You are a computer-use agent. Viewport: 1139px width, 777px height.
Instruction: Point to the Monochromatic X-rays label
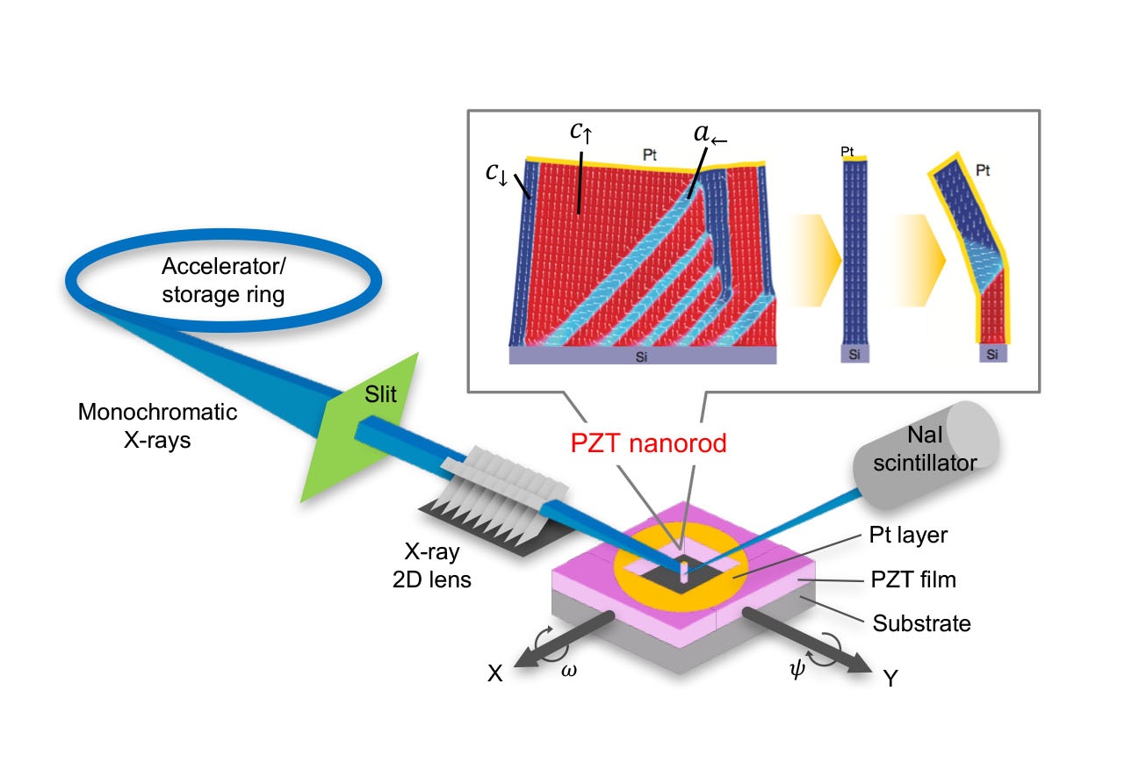point(157,426)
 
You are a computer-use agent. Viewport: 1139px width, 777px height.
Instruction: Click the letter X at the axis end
point(496,673)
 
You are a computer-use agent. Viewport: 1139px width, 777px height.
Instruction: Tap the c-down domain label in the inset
point(496,172)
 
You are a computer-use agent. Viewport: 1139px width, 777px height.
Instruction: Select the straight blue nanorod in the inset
point(847,255)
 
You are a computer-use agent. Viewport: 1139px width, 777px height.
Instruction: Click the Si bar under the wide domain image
point(643,355)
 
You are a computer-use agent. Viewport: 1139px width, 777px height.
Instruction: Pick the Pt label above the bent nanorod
point(982,171)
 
